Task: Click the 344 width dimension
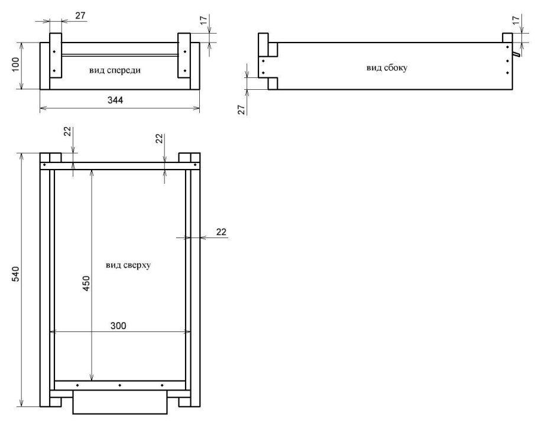click(x=115, y=100)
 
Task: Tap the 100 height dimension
click(x=16, y=64)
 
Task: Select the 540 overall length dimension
click(x=16, y=274)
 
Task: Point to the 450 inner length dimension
click(x=86, y=284)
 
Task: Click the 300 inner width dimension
click(x=118, y=326)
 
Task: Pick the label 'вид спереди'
click(x=115, y=70)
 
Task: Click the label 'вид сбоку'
click(x=387, y=67)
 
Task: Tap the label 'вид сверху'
click(x=128, y=265)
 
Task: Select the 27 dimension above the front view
click(x=80, y=16)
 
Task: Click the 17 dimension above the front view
click(x=204, y=20)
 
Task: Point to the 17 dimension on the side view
click(x=516, y=20)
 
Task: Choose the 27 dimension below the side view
click(x=242, y=110)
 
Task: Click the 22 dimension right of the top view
click(x=221, y=232)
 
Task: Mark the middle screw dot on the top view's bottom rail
click(x=120, y=385)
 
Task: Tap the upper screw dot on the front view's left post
click(x=54, y=52)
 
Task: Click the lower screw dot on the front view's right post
click(x=185, y=71)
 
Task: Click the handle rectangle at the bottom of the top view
click(x=120, y=402)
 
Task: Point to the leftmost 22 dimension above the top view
click(x=68, y=131)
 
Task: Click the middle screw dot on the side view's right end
click(x=507, y=61)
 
